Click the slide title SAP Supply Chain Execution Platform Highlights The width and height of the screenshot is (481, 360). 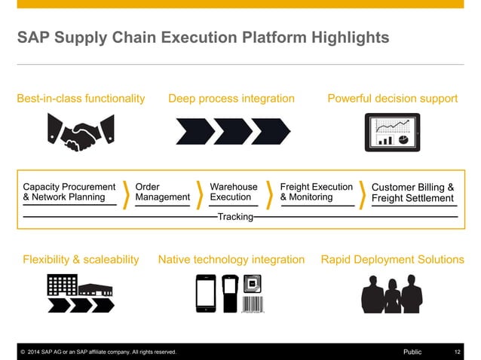204,37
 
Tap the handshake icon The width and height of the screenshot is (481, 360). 81,132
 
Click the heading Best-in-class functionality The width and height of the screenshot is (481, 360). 80,99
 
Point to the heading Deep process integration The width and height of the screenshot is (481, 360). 231,99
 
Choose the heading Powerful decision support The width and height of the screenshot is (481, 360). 392,99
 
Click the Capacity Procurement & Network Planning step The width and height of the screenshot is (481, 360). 69,192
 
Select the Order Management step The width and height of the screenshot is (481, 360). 162,192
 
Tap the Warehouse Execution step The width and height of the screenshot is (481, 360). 233,192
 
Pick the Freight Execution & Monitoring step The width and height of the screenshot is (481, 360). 316,192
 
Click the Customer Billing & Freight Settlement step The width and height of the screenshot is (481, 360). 413,193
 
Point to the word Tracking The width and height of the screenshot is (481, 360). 234,218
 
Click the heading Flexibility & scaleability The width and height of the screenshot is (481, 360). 81,260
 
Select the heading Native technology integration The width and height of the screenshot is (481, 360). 231,260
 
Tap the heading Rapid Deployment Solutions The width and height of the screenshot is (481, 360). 392,260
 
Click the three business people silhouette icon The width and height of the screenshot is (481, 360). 391,294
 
